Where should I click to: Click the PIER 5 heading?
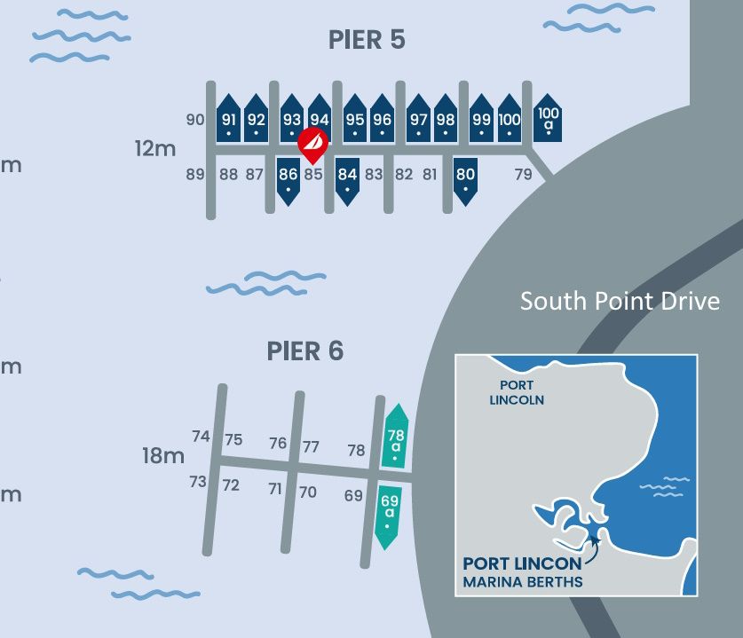(x=367, y=40)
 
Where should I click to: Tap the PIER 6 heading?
(x=304, y=351)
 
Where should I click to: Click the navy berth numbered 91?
(x=229, y=120)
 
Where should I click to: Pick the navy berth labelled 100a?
(x=549, y=119)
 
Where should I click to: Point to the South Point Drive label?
(x=620, y=301)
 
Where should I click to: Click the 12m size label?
(x=155, y=148)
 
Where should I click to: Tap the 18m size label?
(x=163, y=456)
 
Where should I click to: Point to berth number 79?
(x=524, y=175)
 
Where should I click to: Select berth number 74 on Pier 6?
(x=201, y=436)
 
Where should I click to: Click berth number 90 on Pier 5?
(x=196, y=120)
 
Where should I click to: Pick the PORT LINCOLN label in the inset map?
(x=517, y=392)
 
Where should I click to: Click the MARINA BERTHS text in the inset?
(x=522, y=582)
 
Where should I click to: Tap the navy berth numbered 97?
(x=418, y=120)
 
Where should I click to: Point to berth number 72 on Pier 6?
(x=231, y=485)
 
